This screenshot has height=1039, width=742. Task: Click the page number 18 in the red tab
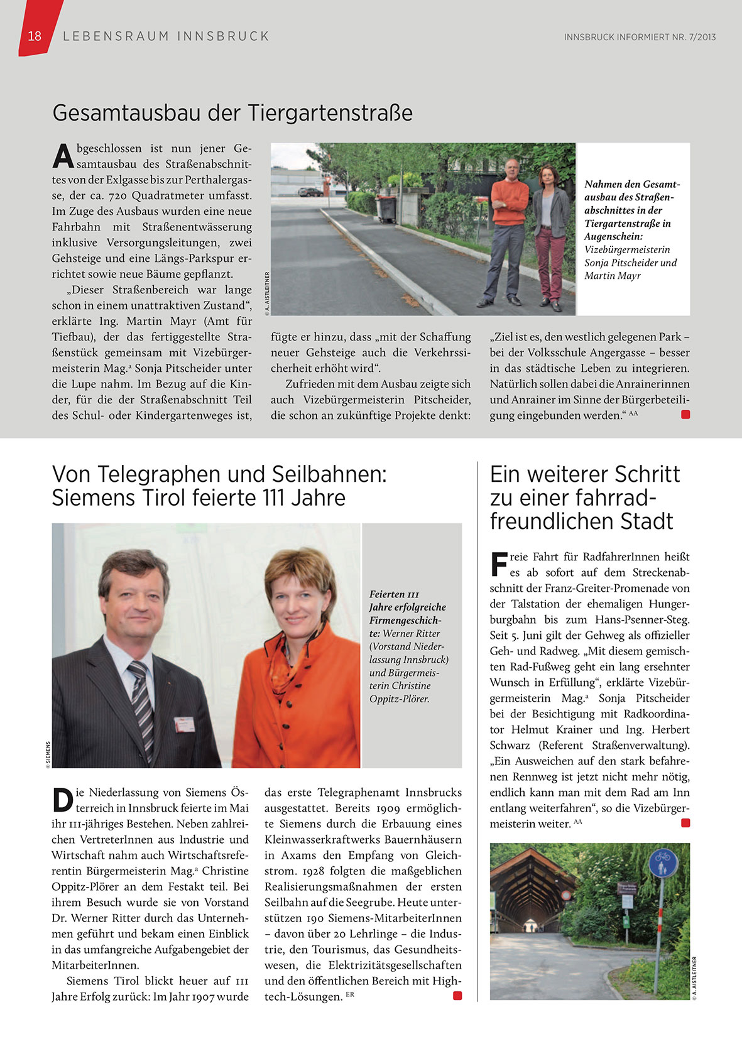pyautogui.click(x=35, y=36)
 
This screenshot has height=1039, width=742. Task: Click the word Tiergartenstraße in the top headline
pyautogui.click(x=330, y=113)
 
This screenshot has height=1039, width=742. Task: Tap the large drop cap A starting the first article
pyautogui.click(x=63, y=156)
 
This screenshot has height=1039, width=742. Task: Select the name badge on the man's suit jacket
pyautogui.click(x=185, y=724)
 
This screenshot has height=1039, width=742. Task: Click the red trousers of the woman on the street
pyautogui.click(x=550, y=264)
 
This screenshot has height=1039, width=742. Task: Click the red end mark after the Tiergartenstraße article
pyautogui.click(x=685, y=415)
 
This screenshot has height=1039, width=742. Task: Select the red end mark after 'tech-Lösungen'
pyautogui.click(x=457, y=996)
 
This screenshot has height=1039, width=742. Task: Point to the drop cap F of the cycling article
pyautogui.click(x=498, y=563)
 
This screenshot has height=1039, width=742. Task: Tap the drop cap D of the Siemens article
pyautogui.click(x=62, y=800)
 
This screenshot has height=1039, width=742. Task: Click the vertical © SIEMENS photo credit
pyautogui.click(x=48, y=754)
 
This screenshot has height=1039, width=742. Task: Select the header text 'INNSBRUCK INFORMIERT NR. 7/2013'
pyautogui.click(x=640, y=37)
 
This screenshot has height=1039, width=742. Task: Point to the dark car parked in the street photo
pyautogui.click(x=310, y=192)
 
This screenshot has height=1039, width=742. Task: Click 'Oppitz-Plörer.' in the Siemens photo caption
pyautogui.click(x=399, y=699)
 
